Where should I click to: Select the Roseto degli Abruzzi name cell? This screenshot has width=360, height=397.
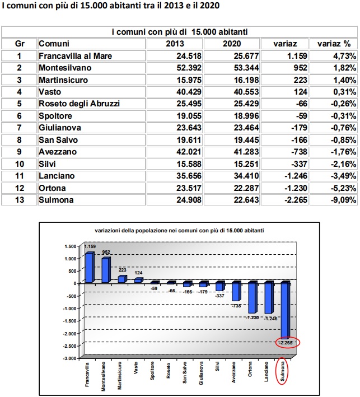[x=80, y=103]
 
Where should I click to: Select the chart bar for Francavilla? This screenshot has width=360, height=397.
[x=88, y=268]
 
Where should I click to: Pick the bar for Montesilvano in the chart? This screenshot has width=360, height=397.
[x=105, y=270]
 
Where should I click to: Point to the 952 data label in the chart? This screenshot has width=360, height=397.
[x=106, y=252]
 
